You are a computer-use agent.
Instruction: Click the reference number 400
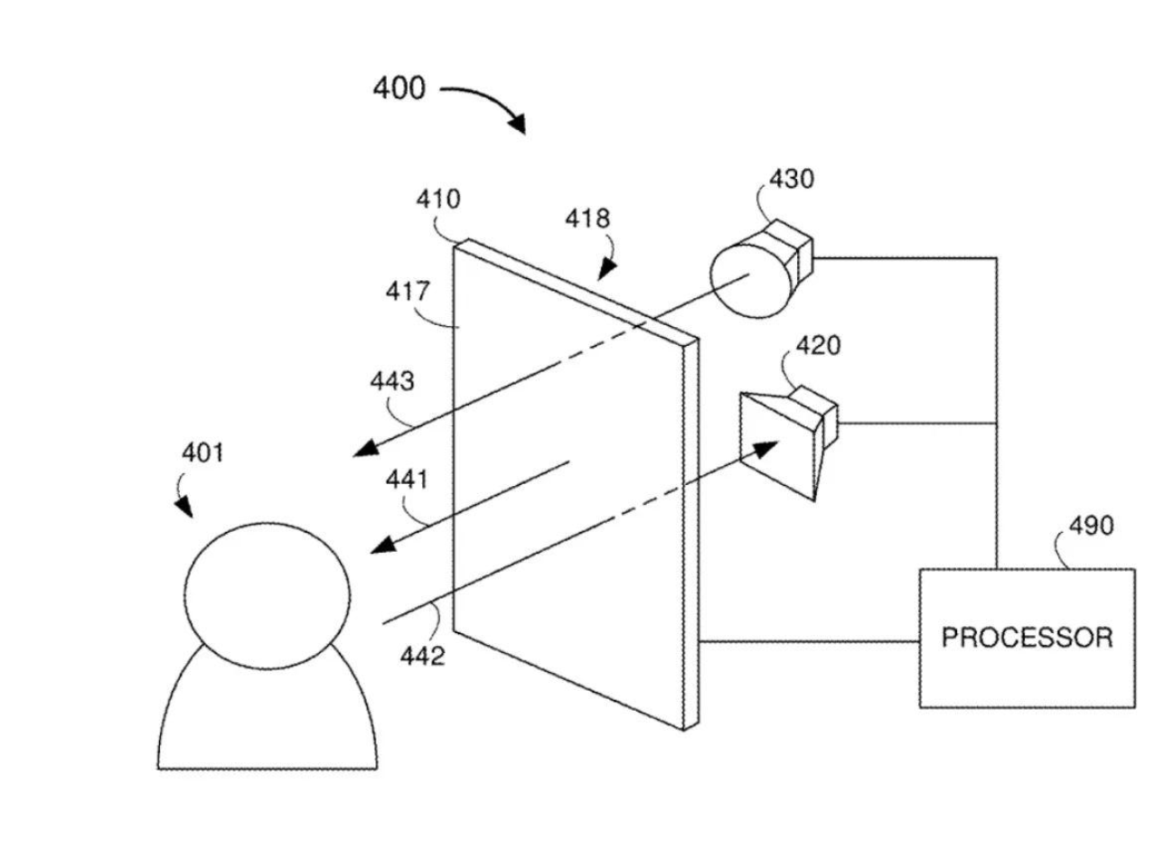click(x=399, y=89)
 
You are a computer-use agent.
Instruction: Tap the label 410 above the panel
click(x=438, y=200)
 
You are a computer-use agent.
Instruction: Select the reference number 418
click(x=587, y=219)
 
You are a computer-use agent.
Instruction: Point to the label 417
click(x=408, y=292)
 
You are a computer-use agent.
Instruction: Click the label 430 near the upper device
click(x=791, y=179)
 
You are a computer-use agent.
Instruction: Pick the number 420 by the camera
click(x=817, y=346)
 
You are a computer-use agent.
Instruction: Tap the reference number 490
click(x=1091, y=526)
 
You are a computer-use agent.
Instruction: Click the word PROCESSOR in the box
click(x=1027, y=638)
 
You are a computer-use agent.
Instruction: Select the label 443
click(x=392, y=382)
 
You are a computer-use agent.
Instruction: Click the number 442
click(x=422, y=656)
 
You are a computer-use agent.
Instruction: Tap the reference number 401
click(x=202, y=452)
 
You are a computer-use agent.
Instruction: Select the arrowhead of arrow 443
click(x=364, y=449)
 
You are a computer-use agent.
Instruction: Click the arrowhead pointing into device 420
click(x=768, y=447)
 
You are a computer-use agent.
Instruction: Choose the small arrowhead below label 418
click(x=606, y=268)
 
